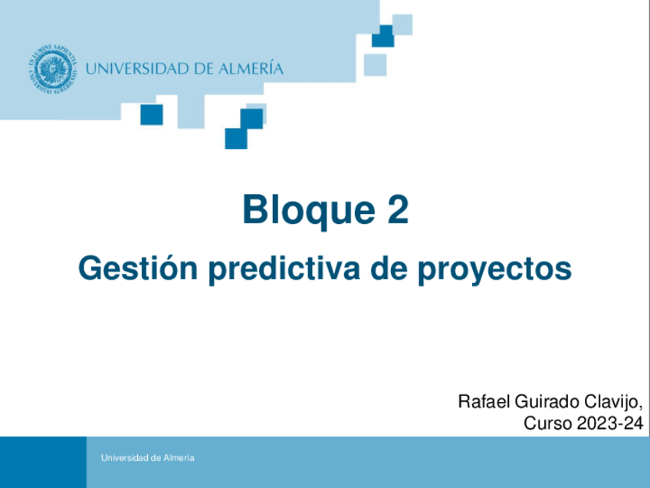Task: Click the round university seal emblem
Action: pyautogui.click(x=53, y=69)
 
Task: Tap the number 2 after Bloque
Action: pyautogui.click(x=397, y=210)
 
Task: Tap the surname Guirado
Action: pyautogui.click(x=542, y=401)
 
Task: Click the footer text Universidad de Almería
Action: pyautogui.click(x=147, y=458)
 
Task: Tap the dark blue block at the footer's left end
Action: pyautogui.click(x=43, y=462)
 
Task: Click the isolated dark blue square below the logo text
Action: pyautogui.click(x=152, y=114)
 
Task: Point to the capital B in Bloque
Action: pyautogui.click(x=255, y=210)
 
